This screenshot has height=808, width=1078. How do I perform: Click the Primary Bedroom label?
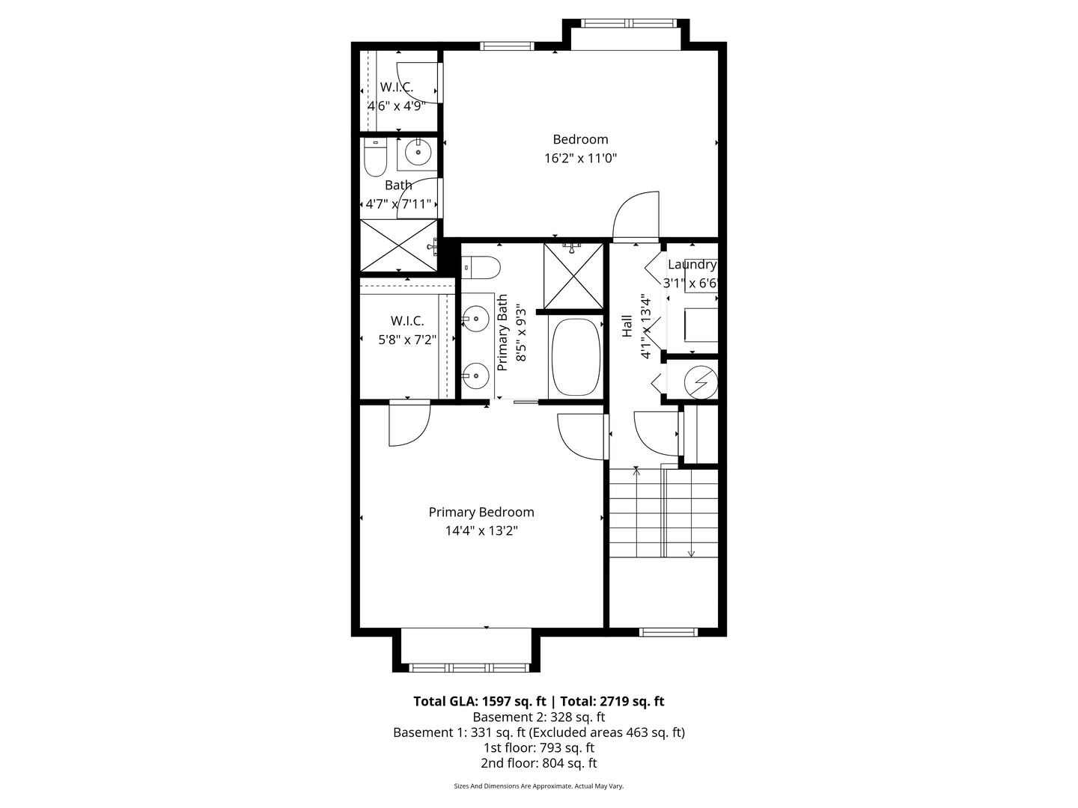coord(481,512)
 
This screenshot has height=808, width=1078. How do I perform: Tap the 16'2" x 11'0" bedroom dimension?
coord(580,159)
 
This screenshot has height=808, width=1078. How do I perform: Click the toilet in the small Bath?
coord(374,158)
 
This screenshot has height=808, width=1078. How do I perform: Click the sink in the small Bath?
coord(417,152)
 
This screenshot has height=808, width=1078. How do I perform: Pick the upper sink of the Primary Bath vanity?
coord(475,319)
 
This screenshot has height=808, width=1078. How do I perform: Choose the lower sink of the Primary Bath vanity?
coord(475,373)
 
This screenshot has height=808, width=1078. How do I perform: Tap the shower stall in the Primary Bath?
coord(573,275)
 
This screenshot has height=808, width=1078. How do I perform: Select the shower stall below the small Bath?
coord(398,245)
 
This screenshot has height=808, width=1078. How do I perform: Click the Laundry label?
coord(692,265)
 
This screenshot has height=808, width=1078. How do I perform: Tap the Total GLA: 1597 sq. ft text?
coord(479,702)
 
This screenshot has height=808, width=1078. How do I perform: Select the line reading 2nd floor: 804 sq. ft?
coord(538,764)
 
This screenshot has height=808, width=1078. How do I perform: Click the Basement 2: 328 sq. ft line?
coord(538,717)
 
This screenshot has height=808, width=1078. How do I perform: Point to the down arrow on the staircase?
coord(691,553)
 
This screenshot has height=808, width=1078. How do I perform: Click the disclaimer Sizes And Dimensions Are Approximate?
coord(538,786)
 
